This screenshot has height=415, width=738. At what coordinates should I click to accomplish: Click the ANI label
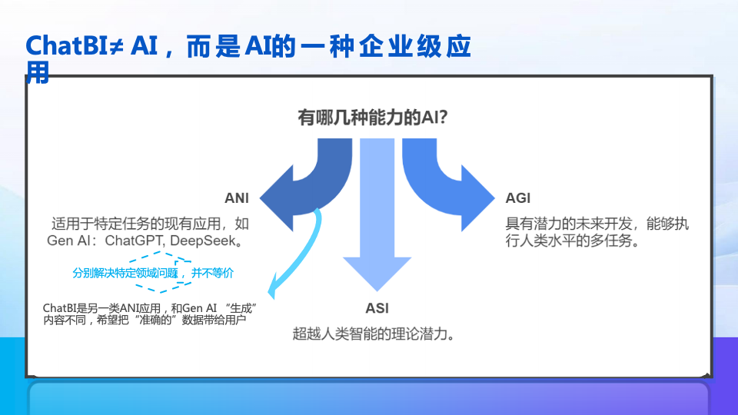coord(237,198)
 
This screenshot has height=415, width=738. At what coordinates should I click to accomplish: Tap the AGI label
coord(518,198)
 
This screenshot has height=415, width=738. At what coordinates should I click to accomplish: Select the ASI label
coord(377,308)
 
